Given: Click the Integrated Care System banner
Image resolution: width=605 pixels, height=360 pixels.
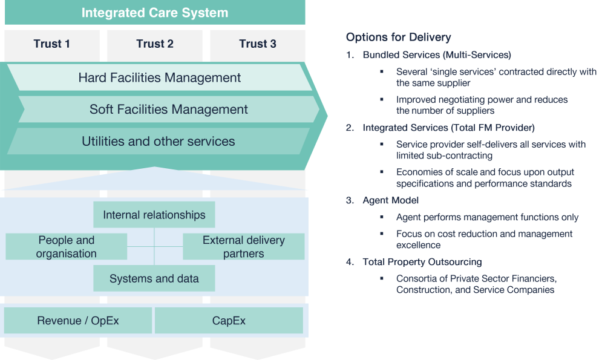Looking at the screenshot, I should pos(155,12).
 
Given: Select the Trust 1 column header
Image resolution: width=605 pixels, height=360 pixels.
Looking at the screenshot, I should pos(52,44).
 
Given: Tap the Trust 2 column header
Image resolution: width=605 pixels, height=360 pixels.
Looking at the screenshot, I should pos(155,44).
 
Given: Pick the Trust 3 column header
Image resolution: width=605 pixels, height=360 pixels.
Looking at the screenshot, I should pos(258,44).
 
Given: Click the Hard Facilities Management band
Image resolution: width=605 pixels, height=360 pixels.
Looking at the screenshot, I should pos(160,77).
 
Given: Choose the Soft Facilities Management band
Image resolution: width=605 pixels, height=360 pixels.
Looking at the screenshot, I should pos(169,110).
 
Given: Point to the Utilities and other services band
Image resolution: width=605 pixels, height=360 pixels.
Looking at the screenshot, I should pos(159,141).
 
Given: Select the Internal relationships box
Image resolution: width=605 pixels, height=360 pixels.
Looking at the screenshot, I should pos(154,215).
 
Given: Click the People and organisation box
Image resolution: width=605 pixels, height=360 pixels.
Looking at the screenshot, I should pos(67,247).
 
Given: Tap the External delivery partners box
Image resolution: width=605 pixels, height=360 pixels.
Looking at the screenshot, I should pos(243,247).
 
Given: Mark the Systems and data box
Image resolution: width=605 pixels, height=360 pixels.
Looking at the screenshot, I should pos(154,279).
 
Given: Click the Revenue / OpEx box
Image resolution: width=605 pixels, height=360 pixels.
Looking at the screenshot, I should pos(78,321).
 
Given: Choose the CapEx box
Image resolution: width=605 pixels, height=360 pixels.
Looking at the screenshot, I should pos(229,321).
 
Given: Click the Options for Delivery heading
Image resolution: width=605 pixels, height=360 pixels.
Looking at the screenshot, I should pos(398,38).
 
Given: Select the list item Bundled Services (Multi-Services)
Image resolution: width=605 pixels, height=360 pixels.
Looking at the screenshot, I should pos(436,55).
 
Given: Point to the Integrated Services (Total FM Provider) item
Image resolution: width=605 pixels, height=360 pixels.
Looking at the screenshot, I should pos(448,128).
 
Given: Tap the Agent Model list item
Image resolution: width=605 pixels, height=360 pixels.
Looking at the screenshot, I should pos(390,200).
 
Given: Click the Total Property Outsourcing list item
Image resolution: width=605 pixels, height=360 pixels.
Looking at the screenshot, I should pos(422,262).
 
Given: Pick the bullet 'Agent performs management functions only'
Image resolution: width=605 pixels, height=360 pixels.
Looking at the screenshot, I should pos(487,217).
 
